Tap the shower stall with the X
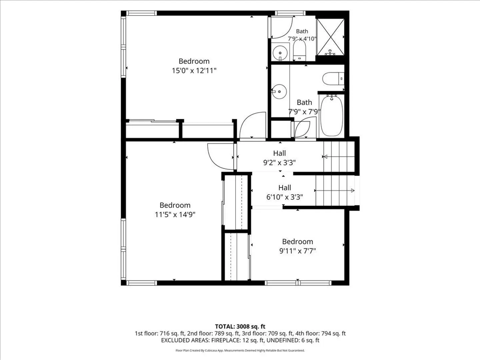(x=330, y=37)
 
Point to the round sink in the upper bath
(x=280, y=53)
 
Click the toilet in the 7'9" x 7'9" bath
(x=333, y=78)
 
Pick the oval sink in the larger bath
(x=279, y=92)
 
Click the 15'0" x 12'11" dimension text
(x=194, y=71)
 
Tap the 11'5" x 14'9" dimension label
(x=175, y=214)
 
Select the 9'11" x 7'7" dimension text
(x=297, y=251)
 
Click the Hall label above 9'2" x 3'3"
(x=279, y=153)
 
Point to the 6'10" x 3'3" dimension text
(x=285, y=197)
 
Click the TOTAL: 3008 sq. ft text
(x=240, y=326)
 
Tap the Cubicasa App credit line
(x=240, y=350)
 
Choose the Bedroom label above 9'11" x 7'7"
(x=297, y=241)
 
